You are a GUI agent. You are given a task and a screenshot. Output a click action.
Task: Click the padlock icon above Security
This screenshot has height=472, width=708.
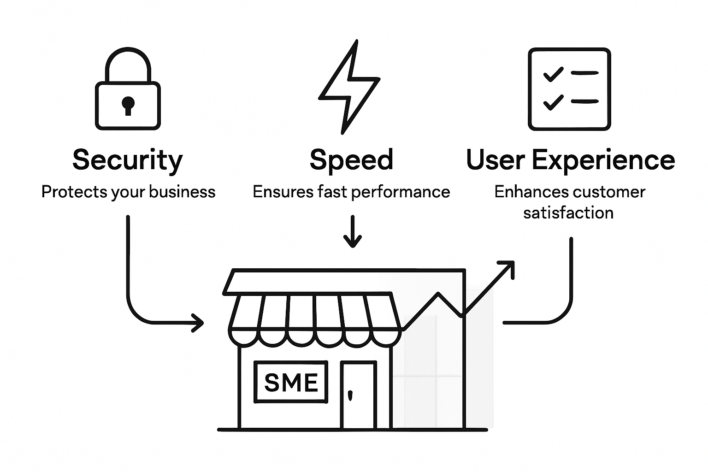tap(128, 90)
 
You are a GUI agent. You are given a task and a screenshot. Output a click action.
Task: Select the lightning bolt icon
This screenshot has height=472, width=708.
tap(349, 87)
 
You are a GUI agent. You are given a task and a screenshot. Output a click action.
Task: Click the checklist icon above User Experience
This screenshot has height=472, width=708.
tap(569, 89)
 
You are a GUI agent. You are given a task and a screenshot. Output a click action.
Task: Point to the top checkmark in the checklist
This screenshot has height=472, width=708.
tap(553, 74)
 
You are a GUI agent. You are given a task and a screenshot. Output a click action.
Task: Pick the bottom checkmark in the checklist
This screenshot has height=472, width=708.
tap(553, 101)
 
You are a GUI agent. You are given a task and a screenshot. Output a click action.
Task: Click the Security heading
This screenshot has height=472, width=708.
tap(128, 160)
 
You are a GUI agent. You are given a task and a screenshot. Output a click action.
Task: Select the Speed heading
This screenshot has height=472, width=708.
tap(351, 160)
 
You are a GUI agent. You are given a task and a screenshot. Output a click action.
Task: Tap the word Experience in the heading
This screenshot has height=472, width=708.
tap(603, 160)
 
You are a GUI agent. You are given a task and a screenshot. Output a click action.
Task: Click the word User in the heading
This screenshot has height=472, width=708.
tap(496, 160)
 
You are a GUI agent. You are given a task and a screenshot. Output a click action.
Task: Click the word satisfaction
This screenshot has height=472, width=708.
tap(568, 213)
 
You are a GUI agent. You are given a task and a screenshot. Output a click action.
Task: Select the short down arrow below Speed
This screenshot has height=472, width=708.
tap(353, 231)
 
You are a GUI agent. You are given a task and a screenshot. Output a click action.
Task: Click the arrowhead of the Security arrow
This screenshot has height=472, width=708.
tap(198, 323)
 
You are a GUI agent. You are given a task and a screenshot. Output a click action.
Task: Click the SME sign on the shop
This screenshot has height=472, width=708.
tap(291, 382)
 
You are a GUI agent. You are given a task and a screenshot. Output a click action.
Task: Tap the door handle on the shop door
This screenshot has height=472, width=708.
tap(350, 395)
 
